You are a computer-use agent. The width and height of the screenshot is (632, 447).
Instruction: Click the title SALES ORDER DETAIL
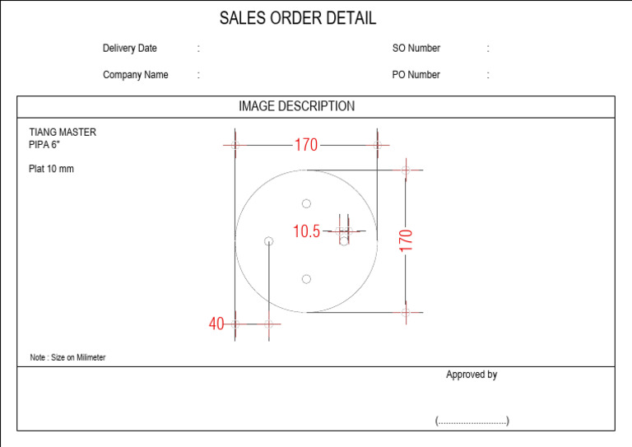point(298,18)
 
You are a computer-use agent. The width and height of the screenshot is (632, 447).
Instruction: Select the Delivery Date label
point(129,49)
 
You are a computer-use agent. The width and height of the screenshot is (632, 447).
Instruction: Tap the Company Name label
point(135,75)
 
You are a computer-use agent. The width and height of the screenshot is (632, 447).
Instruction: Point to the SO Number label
point(416,49)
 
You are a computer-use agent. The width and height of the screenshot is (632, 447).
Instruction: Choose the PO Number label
point(416,75)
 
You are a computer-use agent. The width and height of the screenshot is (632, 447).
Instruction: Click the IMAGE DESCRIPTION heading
point(296,106)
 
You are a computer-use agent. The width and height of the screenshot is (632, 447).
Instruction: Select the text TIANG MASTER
point(63,132)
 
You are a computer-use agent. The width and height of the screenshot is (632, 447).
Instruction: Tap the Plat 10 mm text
point(51,170)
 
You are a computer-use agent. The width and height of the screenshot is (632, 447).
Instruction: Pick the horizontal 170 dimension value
point(305,145)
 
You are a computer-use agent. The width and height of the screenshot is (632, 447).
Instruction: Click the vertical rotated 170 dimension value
point(406,240)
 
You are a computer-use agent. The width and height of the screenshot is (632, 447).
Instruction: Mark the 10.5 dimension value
point(306,231)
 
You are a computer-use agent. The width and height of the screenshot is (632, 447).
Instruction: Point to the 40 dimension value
point(216,324)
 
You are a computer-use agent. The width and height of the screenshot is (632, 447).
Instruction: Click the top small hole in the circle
point(306,203)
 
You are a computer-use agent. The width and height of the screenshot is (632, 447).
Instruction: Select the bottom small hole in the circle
point(306,279)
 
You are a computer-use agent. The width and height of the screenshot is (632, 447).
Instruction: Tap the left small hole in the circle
point(268,240)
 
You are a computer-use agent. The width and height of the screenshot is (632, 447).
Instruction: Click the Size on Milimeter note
point(67,358)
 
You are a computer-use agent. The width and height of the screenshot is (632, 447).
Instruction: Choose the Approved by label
point(472,375)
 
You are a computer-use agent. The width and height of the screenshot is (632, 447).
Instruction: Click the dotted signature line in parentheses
point(472,421)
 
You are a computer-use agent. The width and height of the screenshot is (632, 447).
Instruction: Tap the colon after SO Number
point(487,49)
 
